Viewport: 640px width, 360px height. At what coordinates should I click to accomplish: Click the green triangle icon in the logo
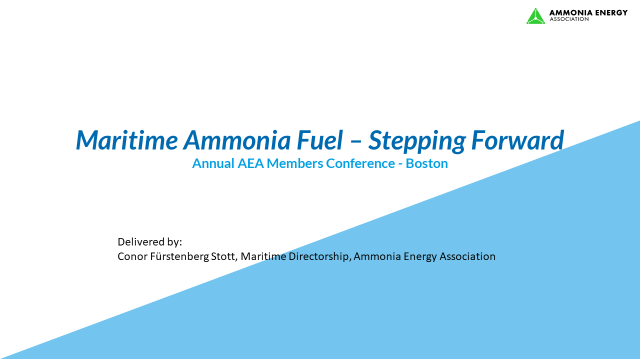[535, 16]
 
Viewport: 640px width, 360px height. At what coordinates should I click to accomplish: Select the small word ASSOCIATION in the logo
[569, 19]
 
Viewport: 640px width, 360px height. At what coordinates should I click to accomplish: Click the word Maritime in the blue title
[126, 140]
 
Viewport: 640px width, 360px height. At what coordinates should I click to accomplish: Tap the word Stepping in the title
[414, 141]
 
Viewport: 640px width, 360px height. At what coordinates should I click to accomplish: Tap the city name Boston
[426, 163]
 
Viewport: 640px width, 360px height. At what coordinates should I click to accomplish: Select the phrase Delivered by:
[149, 242]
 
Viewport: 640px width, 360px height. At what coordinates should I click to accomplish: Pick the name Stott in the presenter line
[224, 256]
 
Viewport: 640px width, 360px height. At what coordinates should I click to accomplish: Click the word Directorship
[319, 256]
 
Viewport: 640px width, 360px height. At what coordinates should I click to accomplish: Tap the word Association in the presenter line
[467, 256]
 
